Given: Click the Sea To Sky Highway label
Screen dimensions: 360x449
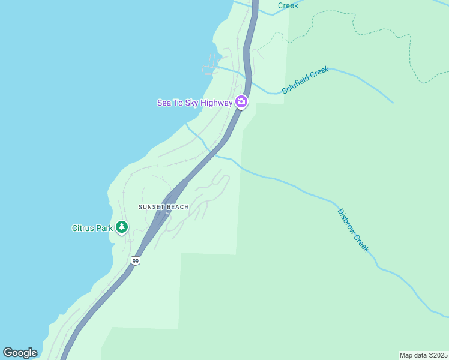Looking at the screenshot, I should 194,103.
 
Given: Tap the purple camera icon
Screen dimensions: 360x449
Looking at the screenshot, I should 241,102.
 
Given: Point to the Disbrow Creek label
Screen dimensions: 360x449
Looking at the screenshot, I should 353,230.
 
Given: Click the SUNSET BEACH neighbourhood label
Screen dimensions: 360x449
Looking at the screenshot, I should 163,207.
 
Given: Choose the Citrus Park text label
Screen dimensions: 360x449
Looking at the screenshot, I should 93,228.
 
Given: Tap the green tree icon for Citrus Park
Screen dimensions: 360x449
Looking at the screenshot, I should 122,227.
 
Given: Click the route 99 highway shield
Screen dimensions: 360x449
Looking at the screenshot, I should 136,260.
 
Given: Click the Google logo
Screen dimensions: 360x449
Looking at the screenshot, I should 20,353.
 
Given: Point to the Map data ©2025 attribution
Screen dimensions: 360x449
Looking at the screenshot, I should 423,355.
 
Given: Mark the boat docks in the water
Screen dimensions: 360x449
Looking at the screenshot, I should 209,65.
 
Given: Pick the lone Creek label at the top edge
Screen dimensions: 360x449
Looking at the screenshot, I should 288,5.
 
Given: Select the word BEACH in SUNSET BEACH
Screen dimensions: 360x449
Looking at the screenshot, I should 177,207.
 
